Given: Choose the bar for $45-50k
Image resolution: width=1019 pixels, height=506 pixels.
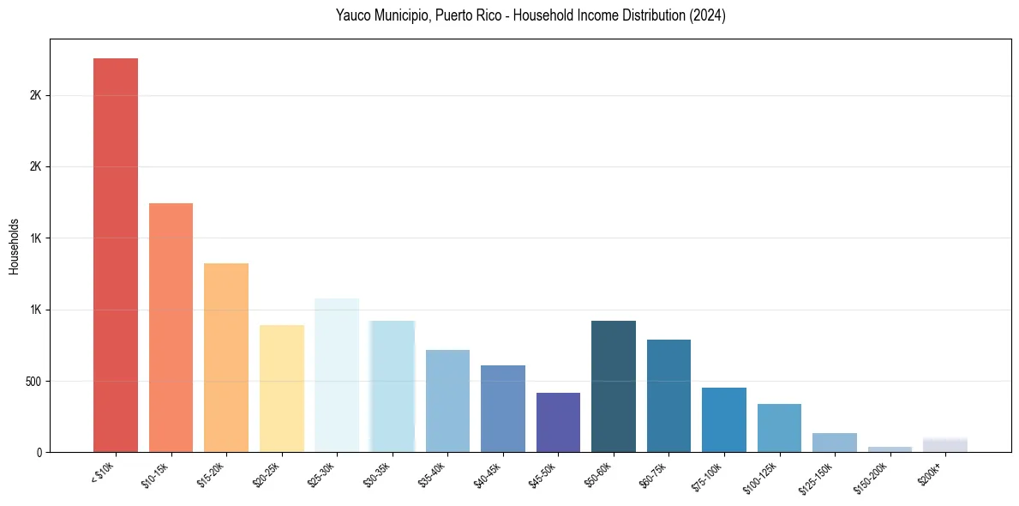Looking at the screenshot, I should tap(558, 422).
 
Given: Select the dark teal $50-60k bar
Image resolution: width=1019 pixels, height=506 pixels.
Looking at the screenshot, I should tap(614, 386).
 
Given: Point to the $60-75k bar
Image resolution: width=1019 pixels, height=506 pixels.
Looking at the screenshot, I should tap(668, 395).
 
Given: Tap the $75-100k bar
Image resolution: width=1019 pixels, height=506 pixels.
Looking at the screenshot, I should tap(724, 419).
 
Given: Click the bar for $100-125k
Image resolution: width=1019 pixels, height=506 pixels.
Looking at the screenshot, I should tap(779, 428).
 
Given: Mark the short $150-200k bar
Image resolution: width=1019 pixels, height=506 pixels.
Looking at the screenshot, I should tap(890, 449).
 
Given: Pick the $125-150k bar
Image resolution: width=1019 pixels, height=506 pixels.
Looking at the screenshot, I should tap(835, 443).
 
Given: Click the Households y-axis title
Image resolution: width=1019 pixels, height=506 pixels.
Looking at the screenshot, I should tap(14, 246).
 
